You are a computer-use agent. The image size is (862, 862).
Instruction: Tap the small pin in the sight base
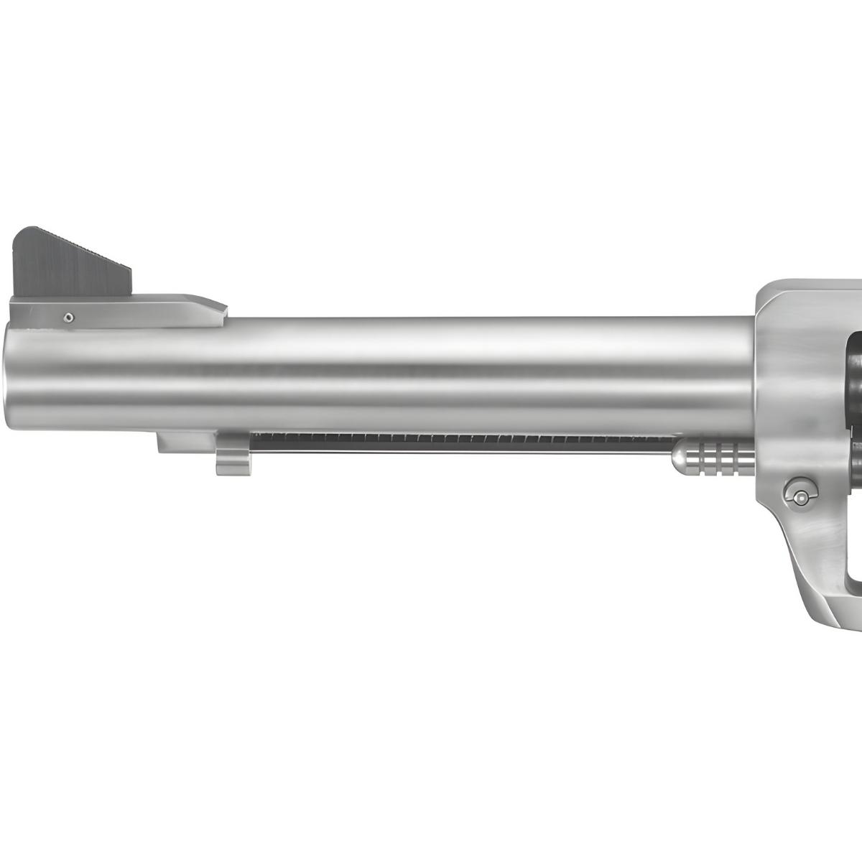[x=68, y=316]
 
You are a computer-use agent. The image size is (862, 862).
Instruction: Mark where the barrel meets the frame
[x=754, y=374]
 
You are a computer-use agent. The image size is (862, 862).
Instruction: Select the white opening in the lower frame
[x=855, y=546]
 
